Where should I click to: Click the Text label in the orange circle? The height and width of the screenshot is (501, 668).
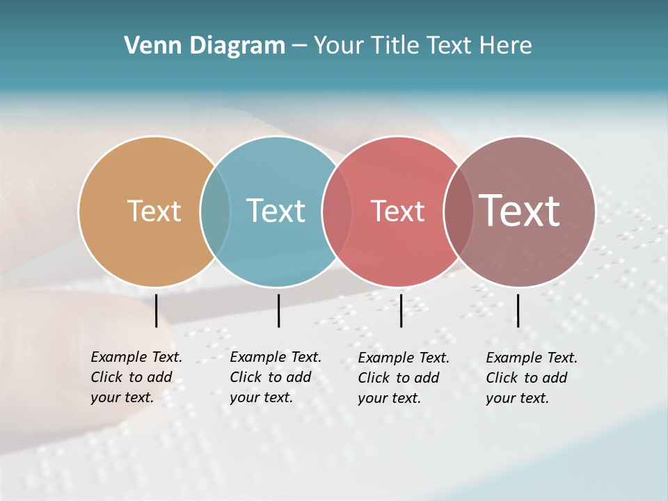(154, 211)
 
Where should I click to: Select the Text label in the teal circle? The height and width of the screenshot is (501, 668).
(276, 211)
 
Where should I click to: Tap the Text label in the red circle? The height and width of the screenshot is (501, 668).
(397, 211)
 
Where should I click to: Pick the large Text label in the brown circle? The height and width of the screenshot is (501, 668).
(520, 211)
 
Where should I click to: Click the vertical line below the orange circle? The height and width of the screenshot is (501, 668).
(157, 310)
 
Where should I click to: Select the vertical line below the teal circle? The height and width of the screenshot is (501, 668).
(278, 310)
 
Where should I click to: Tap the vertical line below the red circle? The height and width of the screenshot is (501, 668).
(401, 310)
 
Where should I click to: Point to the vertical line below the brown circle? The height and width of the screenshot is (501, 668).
(518, 310)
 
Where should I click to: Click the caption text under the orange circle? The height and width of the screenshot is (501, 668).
(136, 377)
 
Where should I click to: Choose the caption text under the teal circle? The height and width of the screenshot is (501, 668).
(275, 377)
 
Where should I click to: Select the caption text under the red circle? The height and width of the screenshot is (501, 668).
(403, 378)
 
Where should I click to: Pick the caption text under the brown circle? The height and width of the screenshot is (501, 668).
(531, 378)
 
